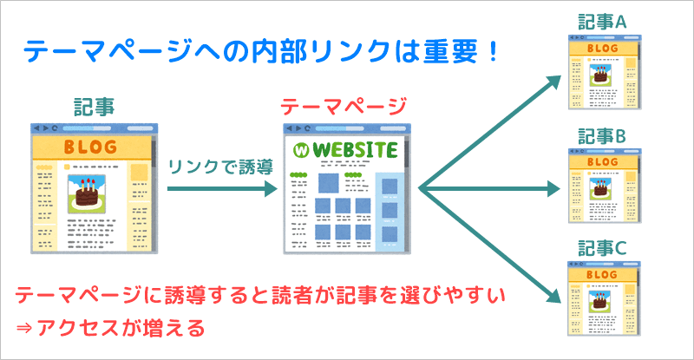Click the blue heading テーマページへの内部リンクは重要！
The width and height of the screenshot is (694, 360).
tap(261, 51)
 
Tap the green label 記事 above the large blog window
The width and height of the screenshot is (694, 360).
tap(94, 108)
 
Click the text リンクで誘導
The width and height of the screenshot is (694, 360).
tap(220, 167)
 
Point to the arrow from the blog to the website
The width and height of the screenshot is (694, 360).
tap(222, 188)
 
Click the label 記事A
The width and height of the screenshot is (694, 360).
tap(602, 22)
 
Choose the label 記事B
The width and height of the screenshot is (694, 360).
tap(602, 136)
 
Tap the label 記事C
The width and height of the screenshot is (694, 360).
tap(602, 248)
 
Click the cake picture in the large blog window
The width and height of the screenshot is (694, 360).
tap(86, 194)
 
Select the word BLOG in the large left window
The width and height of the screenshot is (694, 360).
tap(90, 147)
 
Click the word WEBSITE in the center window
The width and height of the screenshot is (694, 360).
tap(355, 150)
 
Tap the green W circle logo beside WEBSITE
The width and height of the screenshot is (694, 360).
tap(301, 151)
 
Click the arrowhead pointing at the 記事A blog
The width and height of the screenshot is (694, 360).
tap(554, 82)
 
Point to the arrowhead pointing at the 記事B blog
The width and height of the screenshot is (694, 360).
tap(554, 188)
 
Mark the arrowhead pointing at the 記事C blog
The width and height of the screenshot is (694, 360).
tap(554, 295)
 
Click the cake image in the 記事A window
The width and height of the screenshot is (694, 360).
tap(600, 75)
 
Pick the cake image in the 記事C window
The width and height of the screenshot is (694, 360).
tap(600, 301)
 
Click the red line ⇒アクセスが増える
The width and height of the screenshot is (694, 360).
tap(110, 328)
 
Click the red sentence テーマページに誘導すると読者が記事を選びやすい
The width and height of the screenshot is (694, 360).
tap(260, 295)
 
